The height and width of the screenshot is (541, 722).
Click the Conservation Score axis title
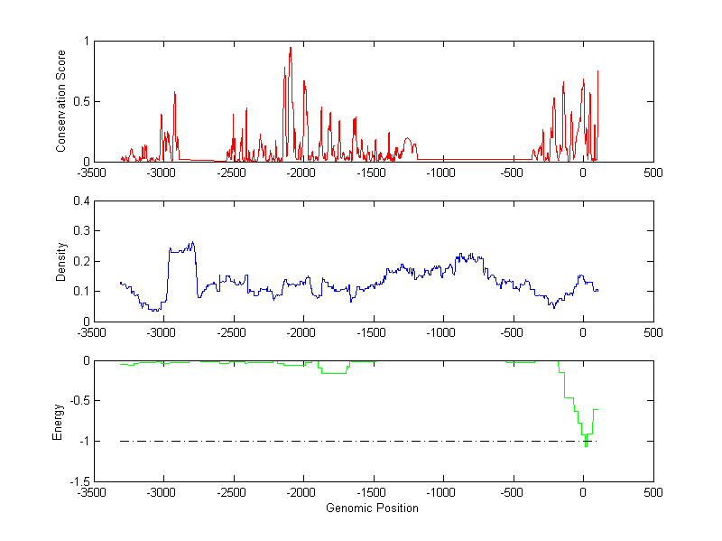(x=60, y=101)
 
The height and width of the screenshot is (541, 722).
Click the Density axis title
(x=60, y=261)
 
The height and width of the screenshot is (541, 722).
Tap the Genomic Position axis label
(x=372, y=508)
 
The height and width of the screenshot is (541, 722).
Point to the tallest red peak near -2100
(x=291, y=48)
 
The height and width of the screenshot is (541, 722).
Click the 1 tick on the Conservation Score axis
(x=85, y=41)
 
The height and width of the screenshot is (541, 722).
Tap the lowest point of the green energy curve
(x=586, y=446)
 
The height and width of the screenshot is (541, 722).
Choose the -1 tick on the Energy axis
(x=81, y=442)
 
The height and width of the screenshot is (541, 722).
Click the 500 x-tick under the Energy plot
(x=653, y=493)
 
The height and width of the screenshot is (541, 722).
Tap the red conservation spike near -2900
(x=175, y=93)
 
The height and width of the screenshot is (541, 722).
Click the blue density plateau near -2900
(x=181, y=248)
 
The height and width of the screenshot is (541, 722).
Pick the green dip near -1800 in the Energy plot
(x=334, y=372)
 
